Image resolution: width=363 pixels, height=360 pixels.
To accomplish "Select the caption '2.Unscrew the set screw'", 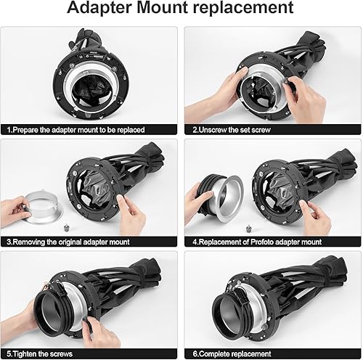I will click(x=239, y=129).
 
